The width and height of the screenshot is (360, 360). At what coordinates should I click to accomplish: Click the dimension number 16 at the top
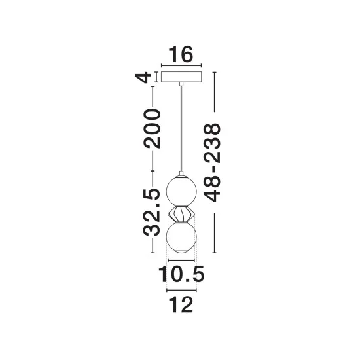pos(181,54)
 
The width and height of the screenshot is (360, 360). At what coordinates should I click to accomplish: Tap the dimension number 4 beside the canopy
pos(143,77)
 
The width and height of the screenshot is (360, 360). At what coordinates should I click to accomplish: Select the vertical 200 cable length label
pos(152,128)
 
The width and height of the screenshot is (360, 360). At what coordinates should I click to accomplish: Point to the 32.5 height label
pos(151,212)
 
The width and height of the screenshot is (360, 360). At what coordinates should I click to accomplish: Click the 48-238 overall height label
pos(211,162)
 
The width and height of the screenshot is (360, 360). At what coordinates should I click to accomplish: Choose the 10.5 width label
pos(181,274)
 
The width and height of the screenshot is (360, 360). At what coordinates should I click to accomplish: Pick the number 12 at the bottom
pos(181,304)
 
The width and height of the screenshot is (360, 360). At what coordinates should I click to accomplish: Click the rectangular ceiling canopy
pos(181,77)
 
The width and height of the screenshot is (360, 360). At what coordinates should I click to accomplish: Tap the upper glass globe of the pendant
pos(181,190)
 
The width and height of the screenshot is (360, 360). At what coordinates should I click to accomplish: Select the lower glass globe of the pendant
pos(181,237)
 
